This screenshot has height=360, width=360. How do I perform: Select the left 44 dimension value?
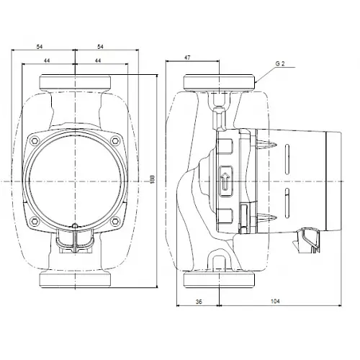[x=47, y=61]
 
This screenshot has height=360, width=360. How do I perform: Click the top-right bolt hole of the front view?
[x=114, y=138]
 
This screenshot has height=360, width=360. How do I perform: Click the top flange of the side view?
[x=220, y=82]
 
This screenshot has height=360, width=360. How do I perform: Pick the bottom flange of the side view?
[x=220, y=279]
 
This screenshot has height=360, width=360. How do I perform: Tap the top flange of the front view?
[x=74, y=82]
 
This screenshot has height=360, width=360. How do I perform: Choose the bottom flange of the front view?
[x=74, y=279]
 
